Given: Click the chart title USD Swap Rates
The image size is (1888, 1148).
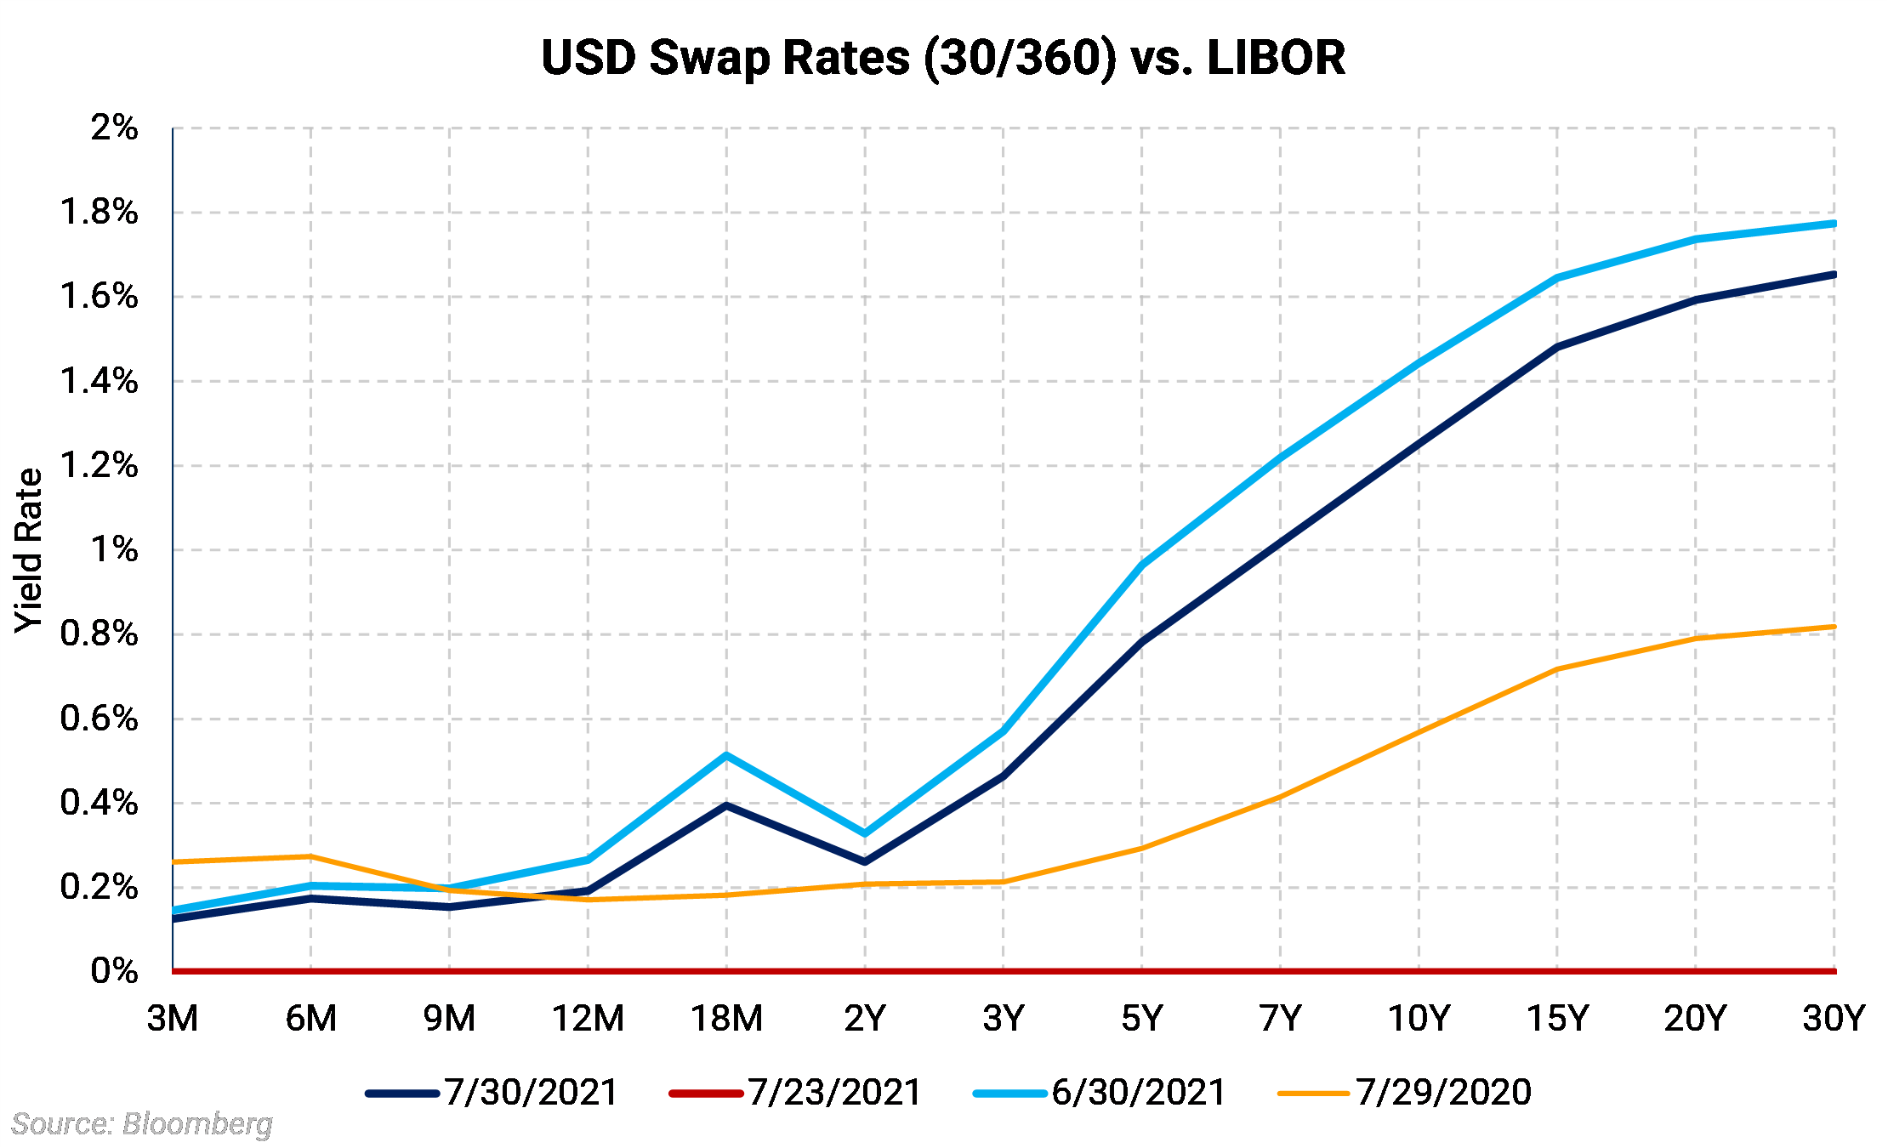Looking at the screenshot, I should [943, 58].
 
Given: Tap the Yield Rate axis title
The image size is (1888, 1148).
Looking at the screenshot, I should [29, 550].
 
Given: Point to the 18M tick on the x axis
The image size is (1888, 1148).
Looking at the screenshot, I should [726, 1018].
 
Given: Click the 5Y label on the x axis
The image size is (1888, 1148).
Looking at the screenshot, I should [1141, 1018].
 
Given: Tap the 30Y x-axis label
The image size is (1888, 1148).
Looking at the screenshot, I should [1834, 1018].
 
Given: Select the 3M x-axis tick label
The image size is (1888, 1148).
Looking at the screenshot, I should [173, 1018].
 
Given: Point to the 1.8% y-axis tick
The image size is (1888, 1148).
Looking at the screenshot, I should [99, 212].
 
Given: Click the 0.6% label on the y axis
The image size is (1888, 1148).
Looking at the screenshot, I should [99, 719].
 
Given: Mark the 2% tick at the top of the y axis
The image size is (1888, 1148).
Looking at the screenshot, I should [114, 128].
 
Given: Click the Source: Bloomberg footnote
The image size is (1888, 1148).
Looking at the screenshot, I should [142, 1123].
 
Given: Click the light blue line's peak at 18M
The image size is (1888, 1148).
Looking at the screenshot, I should [725, 755].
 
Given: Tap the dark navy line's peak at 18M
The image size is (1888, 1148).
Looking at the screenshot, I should [725, 804].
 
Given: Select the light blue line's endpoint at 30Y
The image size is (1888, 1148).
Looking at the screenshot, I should [1833, 224].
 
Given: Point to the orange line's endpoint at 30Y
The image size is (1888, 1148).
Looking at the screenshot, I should [1833, 627].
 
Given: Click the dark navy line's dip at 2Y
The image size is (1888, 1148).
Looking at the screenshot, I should [865, 861].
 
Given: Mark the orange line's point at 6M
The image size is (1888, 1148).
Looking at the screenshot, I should [310, 856].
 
